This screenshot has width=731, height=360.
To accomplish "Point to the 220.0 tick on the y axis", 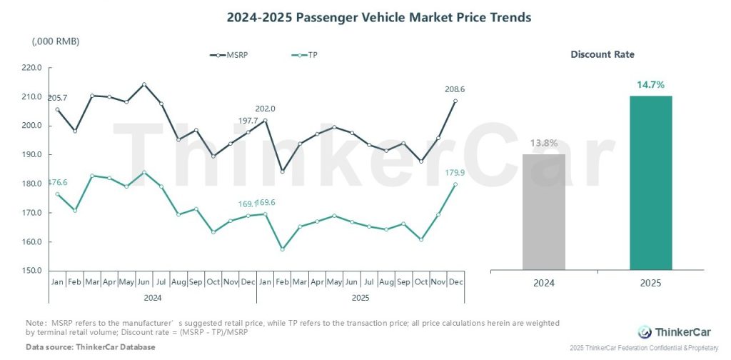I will click(x=32, y=68).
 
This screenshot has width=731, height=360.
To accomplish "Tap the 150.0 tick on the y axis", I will click(x=32, y=271).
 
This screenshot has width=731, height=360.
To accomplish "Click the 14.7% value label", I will click(x=650, y=84).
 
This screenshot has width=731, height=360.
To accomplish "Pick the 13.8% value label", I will click(x=544, y=143).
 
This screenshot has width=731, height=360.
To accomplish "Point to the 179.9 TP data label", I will click(x=455, y=172).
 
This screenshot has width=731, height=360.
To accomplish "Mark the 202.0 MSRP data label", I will click(x=265, y=109).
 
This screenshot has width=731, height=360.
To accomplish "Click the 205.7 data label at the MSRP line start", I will click(x=57, y=97).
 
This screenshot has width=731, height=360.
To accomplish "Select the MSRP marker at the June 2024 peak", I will click(x=144, y=84).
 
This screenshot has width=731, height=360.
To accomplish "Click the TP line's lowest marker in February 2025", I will click(x=283, y=249).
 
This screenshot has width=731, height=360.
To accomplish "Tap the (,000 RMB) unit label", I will click(x=56, y=41).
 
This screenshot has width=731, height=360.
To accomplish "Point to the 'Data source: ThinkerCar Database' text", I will click(x=91, y=347).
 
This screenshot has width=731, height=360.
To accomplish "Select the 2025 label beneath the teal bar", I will click(x=650, y=283).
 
